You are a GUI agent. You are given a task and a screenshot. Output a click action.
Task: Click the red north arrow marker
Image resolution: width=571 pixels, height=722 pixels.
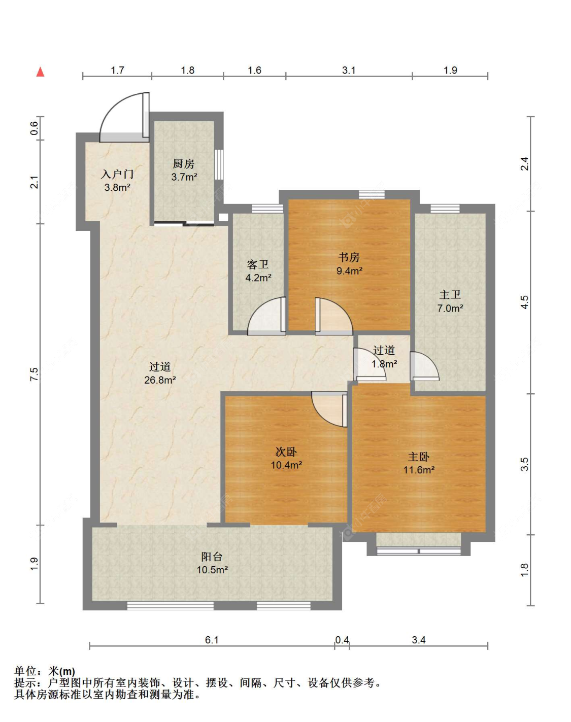click(40, 72)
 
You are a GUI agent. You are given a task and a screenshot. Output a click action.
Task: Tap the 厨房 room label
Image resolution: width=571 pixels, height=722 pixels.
click(183, 164)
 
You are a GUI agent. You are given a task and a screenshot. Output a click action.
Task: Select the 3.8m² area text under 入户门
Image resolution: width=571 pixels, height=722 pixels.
click(117, 187)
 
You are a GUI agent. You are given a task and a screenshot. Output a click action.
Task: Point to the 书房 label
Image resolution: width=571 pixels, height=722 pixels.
click(349, 257)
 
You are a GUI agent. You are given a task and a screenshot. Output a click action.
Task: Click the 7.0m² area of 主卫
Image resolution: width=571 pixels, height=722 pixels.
click(450, 307)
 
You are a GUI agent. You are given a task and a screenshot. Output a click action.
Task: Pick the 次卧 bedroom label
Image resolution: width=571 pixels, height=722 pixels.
click(286, 452)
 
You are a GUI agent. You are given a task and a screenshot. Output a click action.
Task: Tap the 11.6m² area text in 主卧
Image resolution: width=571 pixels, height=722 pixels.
click(419, 470)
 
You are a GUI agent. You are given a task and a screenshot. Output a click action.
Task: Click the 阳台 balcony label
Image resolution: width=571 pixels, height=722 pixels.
click(212, 557)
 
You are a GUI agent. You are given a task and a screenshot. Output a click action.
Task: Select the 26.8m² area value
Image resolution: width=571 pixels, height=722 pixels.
click(160, 380)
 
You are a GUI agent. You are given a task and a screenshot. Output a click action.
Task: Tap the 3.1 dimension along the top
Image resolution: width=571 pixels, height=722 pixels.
click(349, 70)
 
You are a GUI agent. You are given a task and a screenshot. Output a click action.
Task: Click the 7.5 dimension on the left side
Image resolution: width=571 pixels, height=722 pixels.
click(35, 374)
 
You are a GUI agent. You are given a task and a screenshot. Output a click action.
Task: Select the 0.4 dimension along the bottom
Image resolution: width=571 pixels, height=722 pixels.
click(342, 640)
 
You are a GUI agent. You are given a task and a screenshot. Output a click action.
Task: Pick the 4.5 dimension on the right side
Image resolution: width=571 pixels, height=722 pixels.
click(525, 302)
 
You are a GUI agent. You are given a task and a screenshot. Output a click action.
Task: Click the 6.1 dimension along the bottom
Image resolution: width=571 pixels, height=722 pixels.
click(212, 640)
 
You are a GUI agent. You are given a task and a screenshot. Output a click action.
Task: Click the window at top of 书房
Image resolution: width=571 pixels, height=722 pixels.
click(372, 195)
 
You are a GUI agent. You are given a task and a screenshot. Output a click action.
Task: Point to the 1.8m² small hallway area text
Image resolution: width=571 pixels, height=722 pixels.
click(384, 364)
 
